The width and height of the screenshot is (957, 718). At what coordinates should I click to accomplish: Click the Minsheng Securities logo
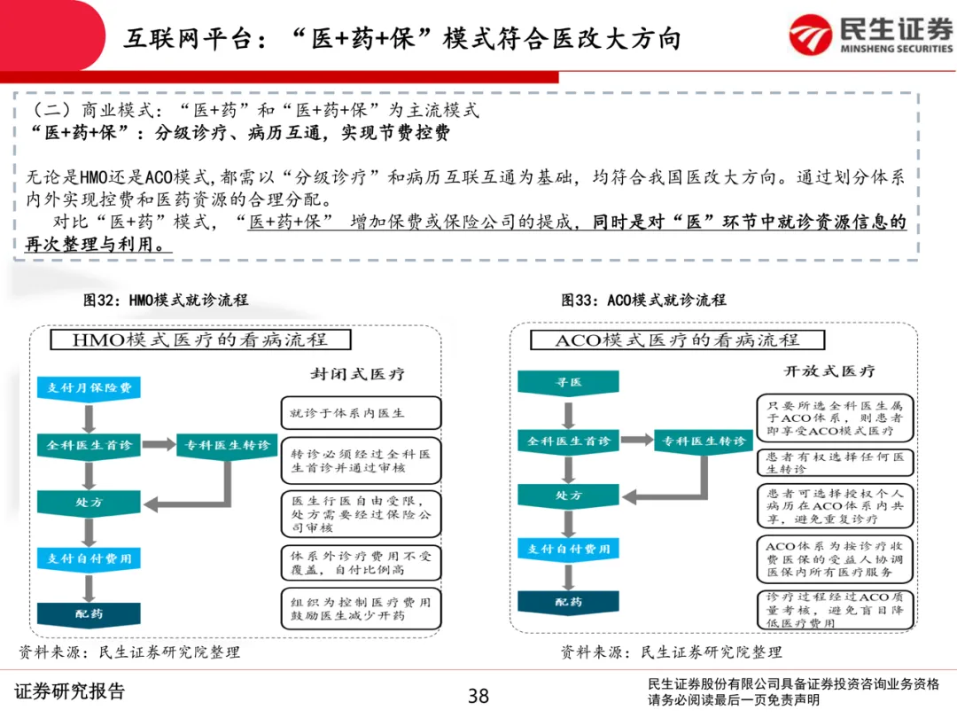point(871,35)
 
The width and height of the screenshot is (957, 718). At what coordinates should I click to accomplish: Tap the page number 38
point(478,696)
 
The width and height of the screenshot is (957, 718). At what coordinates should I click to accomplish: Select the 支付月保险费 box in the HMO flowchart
point(89,387)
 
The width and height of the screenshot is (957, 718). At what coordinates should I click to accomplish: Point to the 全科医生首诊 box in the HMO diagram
point(89,445)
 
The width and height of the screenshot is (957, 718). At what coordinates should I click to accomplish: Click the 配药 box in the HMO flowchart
point(89,613)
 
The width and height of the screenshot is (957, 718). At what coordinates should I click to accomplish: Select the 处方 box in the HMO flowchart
point(89,502)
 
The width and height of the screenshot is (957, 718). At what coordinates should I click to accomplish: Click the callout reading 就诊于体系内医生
point(360,413)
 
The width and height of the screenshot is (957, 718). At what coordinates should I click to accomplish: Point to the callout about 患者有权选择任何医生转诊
point(835,462)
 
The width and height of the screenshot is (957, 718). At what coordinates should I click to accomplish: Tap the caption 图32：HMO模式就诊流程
point(166,300)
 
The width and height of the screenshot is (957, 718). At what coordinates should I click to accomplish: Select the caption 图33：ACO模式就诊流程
point(643,300)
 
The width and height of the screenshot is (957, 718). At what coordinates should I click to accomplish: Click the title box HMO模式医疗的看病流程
point(199,339)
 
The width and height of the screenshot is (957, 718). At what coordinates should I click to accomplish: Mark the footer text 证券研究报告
point(71,691)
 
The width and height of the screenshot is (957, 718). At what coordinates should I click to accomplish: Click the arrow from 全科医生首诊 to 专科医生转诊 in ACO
point(636,441)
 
